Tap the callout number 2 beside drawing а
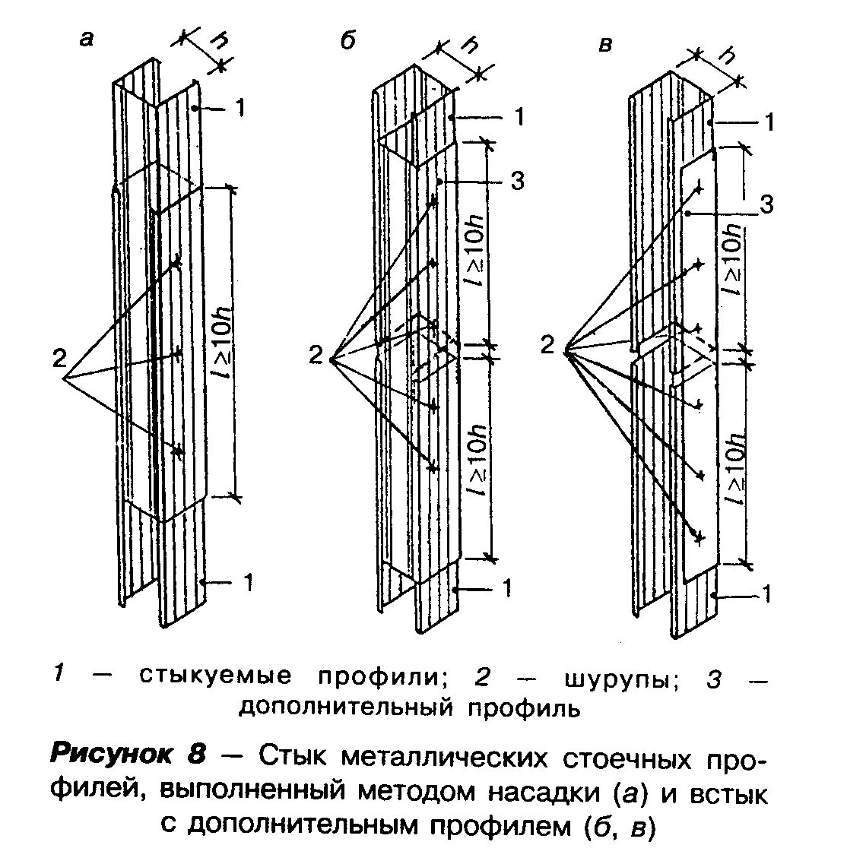[x=59, y=357]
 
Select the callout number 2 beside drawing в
[x=547, y=346]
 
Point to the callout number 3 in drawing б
[x=517, y=182]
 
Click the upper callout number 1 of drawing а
[x=240, y=109]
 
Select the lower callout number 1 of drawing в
[x=766, y=593]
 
